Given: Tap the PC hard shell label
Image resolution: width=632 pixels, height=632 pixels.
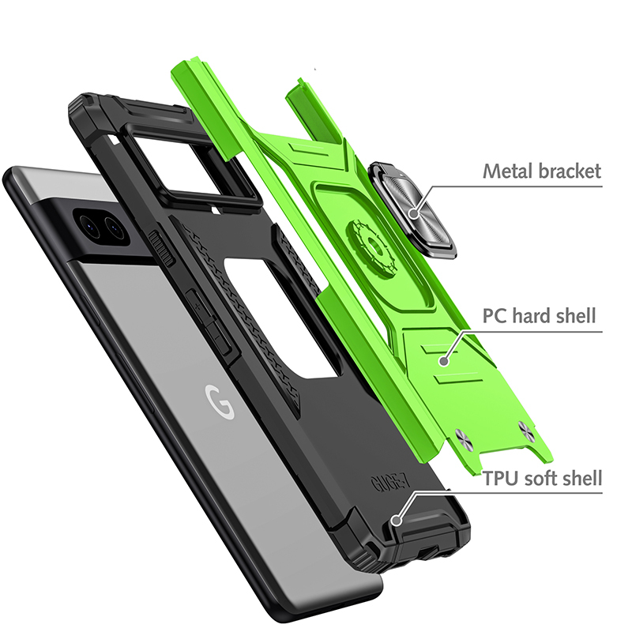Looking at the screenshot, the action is click(x=540, y=315).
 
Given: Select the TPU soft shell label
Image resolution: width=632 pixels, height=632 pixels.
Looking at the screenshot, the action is click(x=542, y=479).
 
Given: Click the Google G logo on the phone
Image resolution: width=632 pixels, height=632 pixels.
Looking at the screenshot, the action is click(x=220, y=401).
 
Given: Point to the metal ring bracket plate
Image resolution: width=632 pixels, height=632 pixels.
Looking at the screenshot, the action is click(x=413, y=209).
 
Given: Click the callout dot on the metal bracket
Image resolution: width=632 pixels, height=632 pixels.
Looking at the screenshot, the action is click(x=414, y=213).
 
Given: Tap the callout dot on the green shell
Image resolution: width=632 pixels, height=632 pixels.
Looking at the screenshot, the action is click(x=444, y=361).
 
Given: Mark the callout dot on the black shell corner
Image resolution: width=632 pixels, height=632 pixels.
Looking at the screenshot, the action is click(x=397, y=520).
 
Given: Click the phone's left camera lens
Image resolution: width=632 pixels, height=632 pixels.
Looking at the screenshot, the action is click(x=88, y=226).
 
